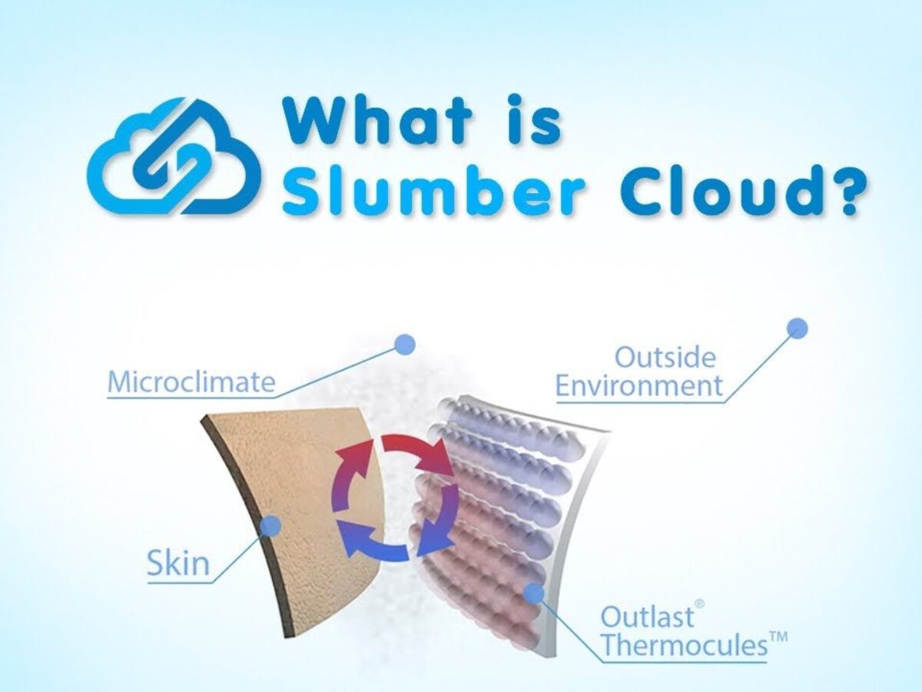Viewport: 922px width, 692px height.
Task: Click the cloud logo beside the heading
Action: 174,156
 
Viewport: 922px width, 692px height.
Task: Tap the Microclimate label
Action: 191,381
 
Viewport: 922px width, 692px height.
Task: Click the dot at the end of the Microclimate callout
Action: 405,345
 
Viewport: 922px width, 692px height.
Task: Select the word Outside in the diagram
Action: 665,358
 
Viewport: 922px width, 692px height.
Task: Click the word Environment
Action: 639,385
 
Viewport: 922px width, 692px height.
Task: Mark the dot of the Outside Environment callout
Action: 798,328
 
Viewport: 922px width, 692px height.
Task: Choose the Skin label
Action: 178,564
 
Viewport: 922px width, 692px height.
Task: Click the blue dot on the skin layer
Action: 272,526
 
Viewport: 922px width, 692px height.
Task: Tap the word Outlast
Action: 647,617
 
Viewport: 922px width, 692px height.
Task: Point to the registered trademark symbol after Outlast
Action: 700,604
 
